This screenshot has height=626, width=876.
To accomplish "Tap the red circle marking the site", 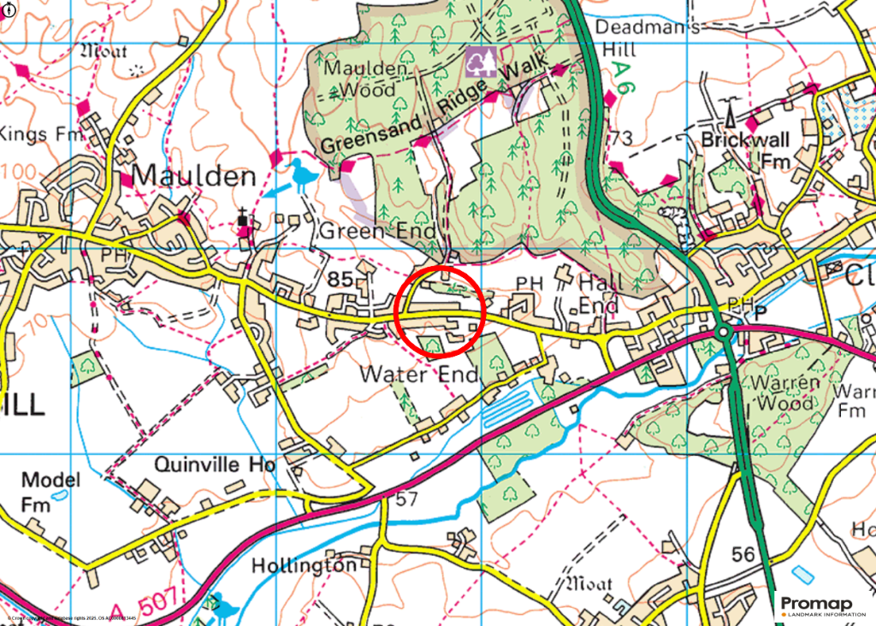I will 441,311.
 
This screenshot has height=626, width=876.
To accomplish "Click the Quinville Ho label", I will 215,464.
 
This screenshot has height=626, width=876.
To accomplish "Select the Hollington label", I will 304,566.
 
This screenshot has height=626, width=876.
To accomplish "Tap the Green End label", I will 378,231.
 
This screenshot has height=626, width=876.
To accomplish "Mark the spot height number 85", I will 340,279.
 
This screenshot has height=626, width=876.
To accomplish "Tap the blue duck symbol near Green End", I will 301,174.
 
